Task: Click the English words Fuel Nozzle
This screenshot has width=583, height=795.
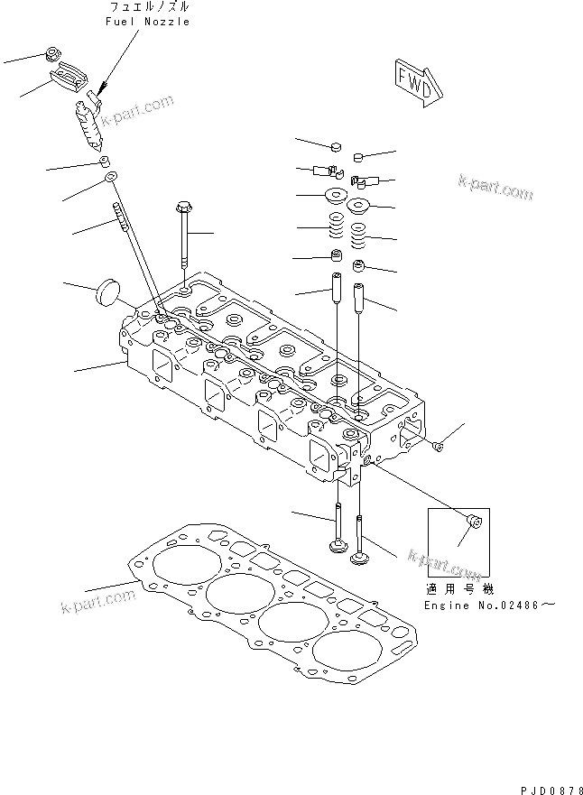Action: point(148,22)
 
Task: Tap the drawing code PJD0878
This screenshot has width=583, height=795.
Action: point(551,790)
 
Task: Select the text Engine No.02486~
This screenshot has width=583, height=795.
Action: point(490,605)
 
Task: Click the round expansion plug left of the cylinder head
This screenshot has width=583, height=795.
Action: point(108,292)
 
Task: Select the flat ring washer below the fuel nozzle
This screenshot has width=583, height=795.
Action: point(110,177)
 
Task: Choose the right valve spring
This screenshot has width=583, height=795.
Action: point(358,236)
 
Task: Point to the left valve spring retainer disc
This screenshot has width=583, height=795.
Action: point(335,194)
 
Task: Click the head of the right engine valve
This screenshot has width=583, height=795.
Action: point(360,559)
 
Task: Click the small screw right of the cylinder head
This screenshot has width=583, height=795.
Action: point(439,446)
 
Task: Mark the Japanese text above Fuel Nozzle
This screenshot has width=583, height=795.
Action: point(150,7)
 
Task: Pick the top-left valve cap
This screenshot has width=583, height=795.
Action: point(335,147)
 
